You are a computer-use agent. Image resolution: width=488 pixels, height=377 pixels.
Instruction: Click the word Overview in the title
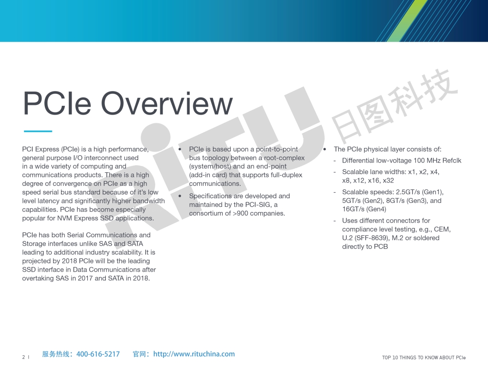(167, 103)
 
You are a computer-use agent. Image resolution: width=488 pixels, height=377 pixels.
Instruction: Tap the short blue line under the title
(38, 131)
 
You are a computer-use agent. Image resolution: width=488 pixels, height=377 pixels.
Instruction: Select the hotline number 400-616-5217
(98, 354)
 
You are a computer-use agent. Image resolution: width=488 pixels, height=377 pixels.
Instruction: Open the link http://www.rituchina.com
(194, 354)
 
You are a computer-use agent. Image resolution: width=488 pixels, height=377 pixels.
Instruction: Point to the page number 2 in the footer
(24, 357)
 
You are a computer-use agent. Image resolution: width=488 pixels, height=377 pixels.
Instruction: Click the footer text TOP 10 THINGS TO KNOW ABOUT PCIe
(424, 358)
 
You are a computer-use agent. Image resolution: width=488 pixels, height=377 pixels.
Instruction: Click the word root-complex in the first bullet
(284, 158)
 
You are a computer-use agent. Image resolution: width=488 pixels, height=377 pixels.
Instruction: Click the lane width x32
(388, 180)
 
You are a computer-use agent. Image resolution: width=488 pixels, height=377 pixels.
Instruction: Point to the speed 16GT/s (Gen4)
(364, 209)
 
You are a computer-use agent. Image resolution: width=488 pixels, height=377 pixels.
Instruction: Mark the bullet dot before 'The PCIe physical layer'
(324, 149)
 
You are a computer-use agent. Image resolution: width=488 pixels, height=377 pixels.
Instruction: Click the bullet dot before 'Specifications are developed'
(180, 196)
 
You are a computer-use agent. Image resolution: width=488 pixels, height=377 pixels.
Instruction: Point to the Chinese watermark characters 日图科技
(395, 106)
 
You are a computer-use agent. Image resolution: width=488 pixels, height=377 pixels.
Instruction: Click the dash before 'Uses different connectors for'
(335, 221)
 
